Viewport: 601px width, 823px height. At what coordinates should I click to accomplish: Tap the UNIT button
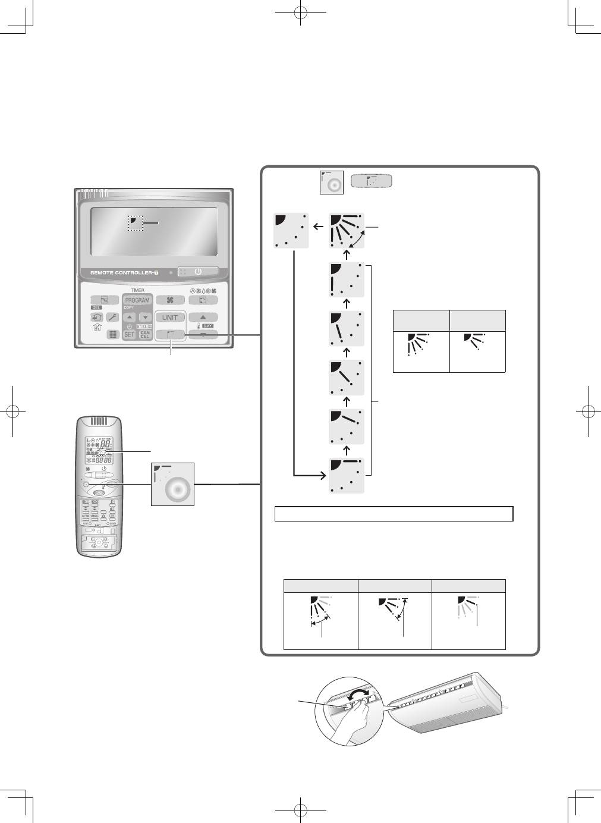pyautogui.click(x=170, y=318)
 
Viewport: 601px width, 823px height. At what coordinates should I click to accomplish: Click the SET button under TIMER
pyautogui.click(x=129, y=335)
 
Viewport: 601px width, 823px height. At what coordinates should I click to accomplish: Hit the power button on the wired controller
pyautogui.click(x=198, y=272)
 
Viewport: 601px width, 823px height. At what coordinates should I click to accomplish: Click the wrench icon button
pyautogui.click(x=112, y=318)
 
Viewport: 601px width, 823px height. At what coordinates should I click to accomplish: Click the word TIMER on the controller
pyautogui.click(x=137, y=290)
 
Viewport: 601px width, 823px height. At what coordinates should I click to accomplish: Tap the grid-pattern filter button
pyautogui.click(x=112, y=335)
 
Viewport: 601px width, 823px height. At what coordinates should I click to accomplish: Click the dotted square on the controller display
pyautogui.click(x=136, y=223)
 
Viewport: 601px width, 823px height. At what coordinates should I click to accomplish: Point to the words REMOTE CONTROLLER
pyautogui.click(x=124, y=273)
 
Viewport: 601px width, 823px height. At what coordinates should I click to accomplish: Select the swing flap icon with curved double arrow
pyautogui.click(x=347, y=230)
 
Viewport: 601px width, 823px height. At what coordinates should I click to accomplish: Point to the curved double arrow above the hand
pyautogui.click(x=358, y=694)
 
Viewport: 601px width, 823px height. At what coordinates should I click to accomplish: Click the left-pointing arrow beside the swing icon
pyautogui.click(x=319, y=227)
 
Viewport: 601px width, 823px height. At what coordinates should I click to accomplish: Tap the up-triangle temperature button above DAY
pyautogui.click(x=203, y=318)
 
